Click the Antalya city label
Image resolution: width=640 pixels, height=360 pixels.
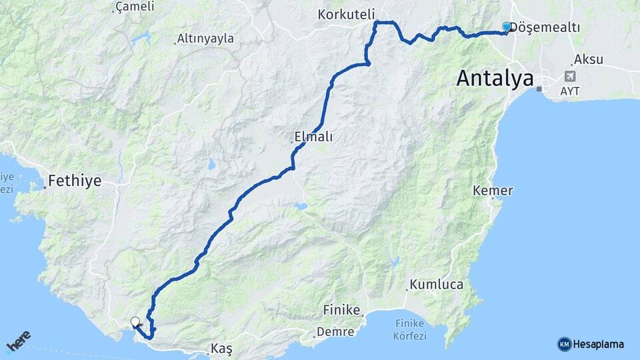click(x=495, y=79)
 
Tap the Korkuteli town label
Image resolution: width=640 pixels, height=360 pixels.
click(x=347, y=14)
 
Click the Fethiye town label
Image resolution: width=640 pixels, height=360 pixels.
click(x=74, y=181)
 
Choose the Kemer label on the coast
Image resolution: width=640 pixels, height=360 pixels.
click(x=493, y=191)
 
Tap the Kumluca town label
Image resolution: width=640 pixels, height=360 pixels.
click(x=437, y=285)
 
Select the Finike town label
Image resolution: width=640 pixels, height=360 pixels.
click(x=341, y=310)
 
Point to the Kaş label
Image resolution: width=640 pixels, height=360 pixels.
click(x=221, y=349)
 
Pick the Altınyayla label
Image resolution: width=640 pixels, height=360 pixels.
click(x=205, y=39)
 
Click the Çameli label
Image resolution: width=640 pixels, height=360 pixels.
click(x=135, y=7)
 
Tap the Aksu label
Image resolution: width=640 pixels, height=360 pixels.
click(x=588, y=59)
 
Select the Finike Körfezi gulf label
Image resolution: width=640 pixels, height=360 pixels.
click(x=409, y=330)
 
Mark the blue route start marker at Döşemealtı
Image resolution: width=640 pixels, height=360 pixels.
click(x=507, y=27)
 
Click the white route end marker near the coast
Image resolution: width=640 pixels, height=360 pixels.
click(x=135, y=322)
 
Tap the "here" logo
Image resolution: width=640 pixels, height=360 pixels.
click(x=19, y=344)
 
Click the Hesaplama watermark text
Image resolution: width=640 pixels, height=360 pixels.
click(x=598, y=345)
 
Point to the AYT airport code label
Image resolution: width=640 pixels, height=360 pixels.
click(x=571, y=89)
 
